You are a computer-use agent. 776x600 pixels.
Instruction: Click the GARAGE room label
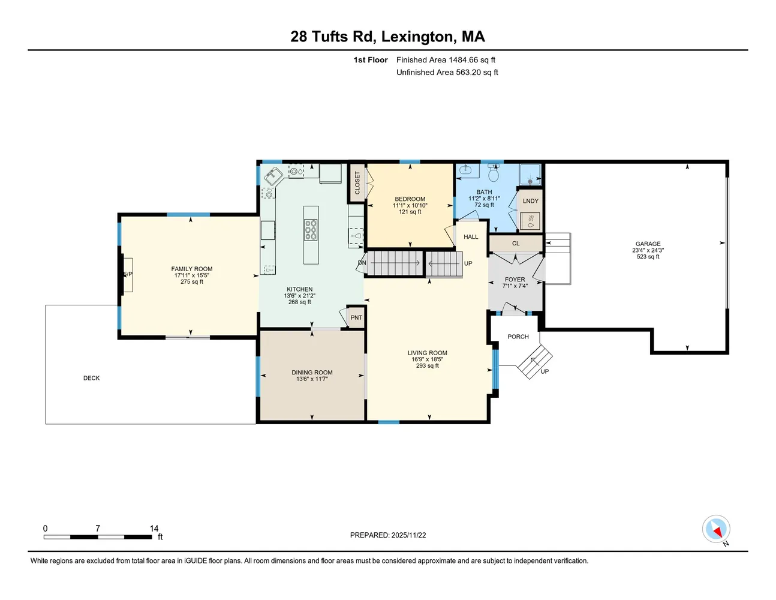click(648, 244)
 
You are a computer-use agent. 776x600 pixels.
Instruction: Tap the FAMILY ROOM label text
click(192, 269)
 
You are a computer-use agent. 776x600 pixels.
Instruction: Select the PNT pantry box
click(356, 318)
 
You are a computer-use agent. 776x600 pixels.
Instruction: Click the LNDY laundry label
click(531, 201)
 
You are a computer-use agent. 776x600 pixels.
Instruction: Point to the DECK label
click(92, 378)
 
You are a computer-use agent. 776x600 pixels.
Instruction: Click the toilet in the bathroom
click(494, 174)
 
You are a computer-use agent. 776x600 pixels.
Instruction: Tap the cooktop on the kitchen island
click(311, 230)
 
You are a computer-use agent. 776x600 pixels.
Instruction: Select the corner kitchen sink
click(273, 176)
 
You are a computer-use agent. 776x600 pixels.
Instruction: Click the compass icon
click(716, 529)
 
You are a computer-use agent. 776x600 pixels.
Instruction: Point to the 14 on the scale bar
click(154, 529)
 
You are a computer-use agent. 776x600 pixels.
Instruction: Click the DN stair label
click(362, 263)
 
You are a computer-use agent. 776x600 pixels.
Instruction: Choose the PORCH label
click(518, 337)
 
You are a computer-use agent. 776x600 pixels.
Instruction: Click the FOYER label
click(515, 280)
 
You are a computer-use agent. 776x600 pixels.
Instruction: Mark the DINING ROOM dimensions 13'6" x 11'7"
click(312, 379)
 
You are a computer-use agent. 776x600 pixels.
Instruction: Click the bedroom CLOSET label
click(357, 183)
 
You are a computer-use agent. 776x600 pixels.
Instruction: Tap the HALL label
click(471, 237)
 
